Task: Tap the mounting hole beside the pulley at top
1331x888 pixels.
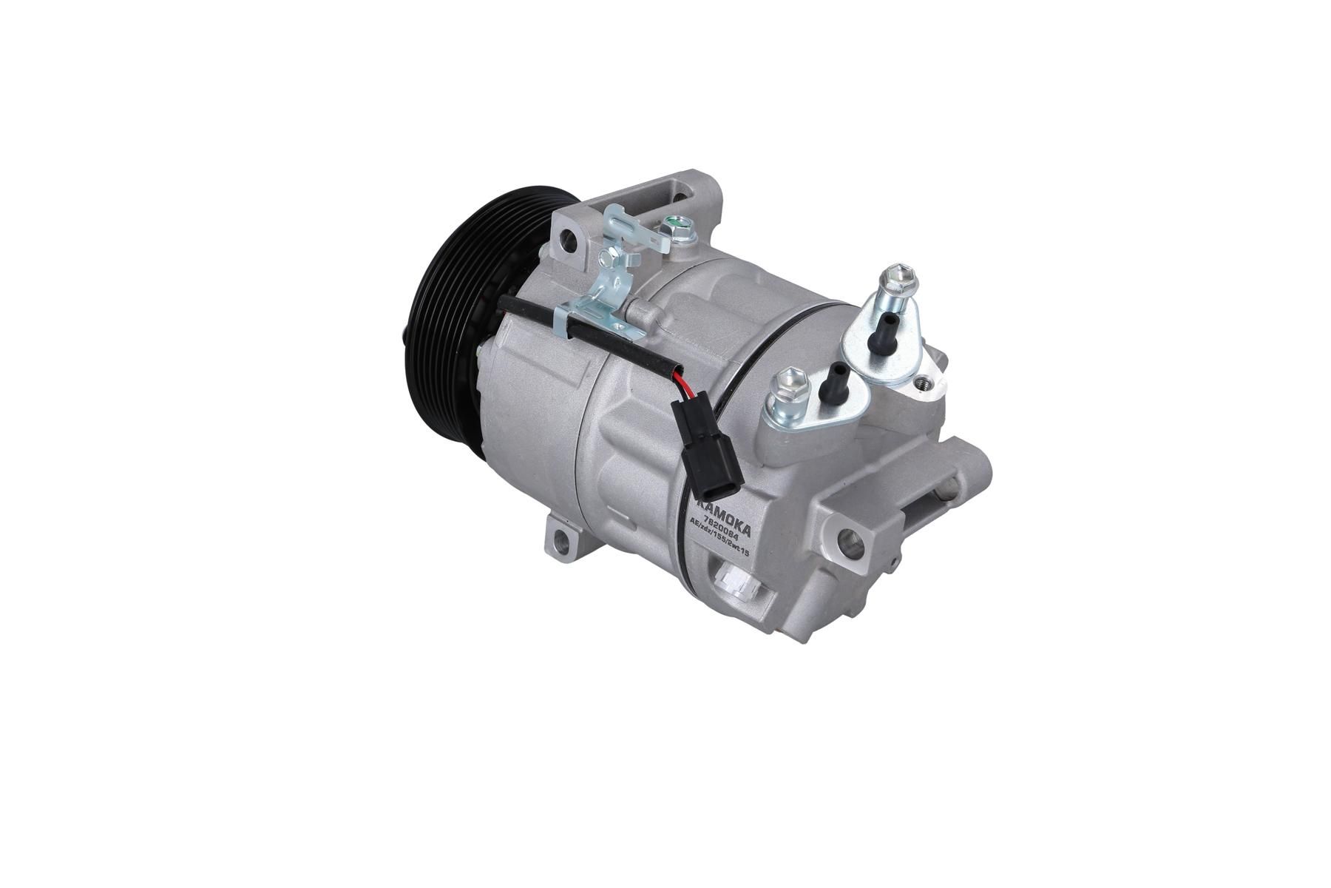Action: pyautogui.click(x=569, y=238)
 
